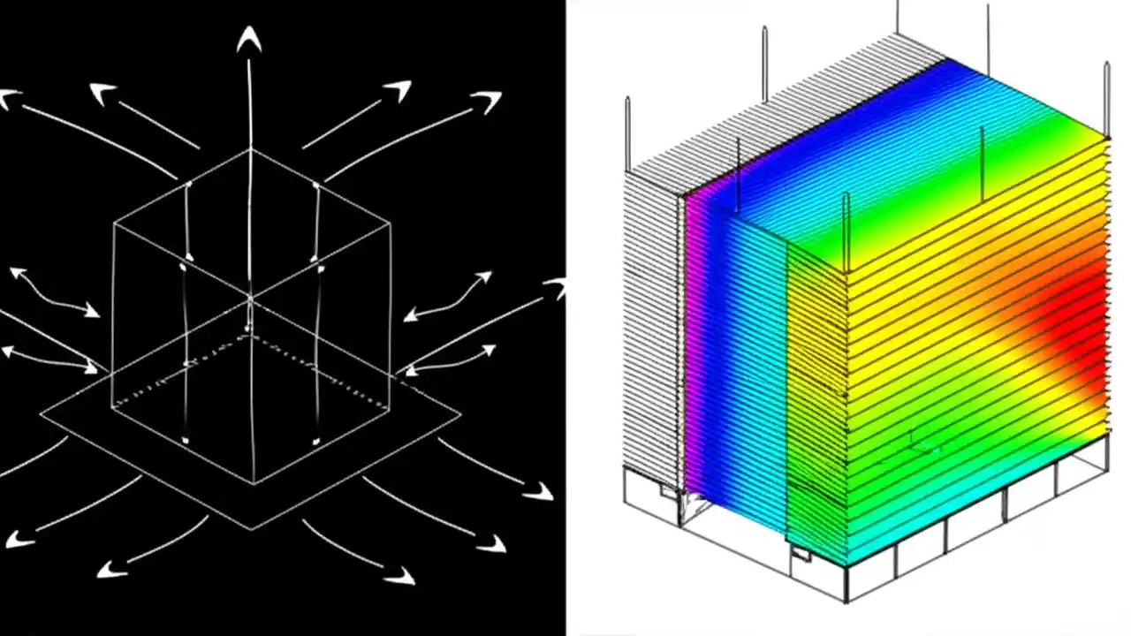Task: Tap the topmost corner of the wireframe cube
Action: coord(251,149)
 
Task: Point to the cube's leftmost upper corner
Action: coord(114,224)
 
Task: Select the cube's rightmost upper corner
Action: coord(391,223)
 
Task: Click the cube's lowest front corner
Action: coord(254,483)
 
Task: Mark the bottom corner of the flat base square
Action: coord(252,529)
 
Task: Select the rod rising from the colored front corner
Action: coord(846,230)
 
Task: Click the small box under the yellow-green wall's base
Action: coord(799,554)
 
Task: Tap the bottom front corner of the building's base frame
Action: coord(846,601)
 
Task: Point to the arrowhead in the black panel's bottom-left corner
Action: coord(18,538)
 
